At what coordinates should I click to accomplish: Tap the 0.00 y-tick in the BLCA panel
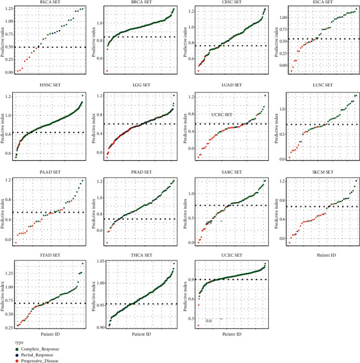(x=8, y=72)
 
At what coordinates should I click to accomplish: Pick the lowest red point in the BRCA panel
(x=107, y=71)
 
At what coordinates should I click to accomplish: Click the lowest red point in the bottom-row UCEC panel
(x=198, y=325)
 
